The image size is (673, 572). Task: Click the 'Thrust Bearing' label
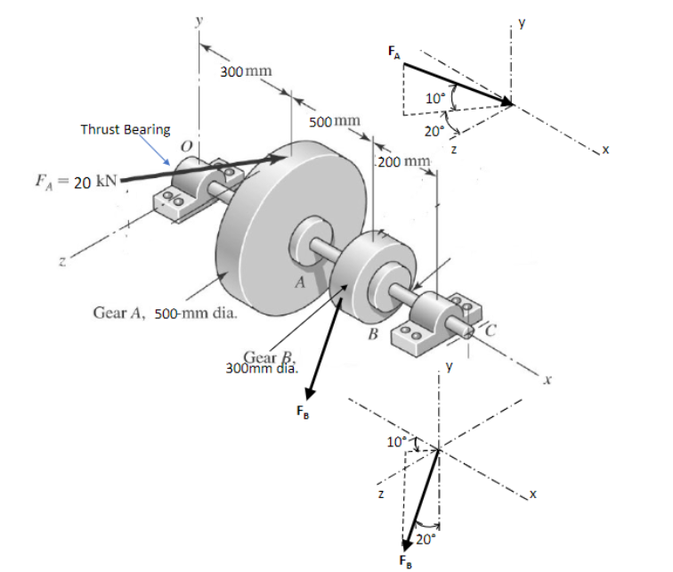pyautogui.click(x=126, y=129)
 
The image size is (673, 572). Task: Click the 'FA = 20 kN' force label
pyautogui.click(x=60, y=183)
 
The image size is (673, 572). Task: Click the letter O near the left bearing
pyautogui.click(x=186, y=145)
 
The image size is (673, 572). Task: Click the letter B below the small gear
pyautogui.click(x=374, y=335)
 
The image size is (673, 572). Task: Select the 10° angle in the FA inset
pyautogui.click(x=435, y=99)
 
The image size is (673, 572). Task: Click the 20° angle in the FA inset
pyautogui.click(x=434, y=130)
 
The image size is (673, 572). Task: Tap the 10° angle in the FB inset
pyautogui.click(x=394, y=440)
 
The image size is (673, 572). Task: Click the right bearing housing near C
pyautogui.click(x=434, y=315)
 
